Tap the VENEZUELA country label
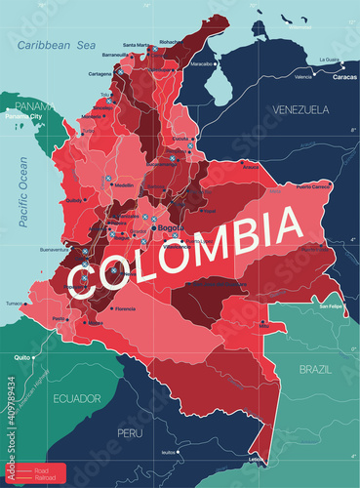pyautogui.click(x=302, y=107)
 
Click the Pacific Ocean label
pyautogui.click(x=24, y=185)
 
